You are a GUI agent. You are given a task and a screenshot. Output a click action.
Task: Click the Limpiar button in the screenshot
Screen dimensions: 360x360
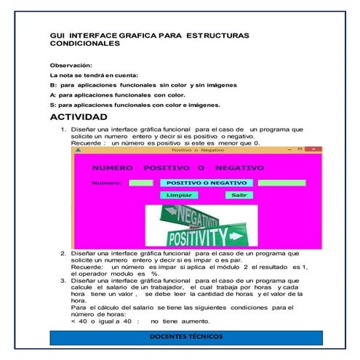click(179, 196)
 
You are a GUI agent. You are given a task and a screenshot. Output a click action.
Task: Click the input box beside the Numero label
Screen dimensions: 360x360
click(140, 183)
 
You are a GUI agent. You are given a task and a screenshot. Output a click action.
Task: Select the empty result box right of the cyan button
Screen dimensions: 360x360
click(281, 183)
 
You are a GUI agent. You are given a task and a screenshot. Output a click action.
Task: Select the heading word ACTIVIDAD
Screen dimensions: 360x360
click(79, 117)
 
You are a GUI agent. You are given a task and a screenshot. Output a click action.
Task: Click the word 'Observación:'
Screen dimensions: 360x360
click(71, 65)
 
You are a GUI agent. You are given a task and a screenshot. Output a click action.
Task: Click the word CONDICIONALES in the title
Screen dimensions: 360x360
click(85, 44)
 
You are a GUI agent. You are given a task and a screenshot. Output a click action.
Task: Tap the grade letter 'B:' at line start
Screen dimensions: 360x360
click(52, 84)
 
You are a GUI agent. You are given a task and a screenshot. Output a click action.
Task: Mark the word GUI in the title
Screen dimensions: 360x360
click(57, 35)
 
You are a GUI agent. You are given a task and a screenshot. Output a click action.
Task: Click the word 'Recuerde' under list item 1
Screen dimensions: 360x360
click(85, 143)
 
